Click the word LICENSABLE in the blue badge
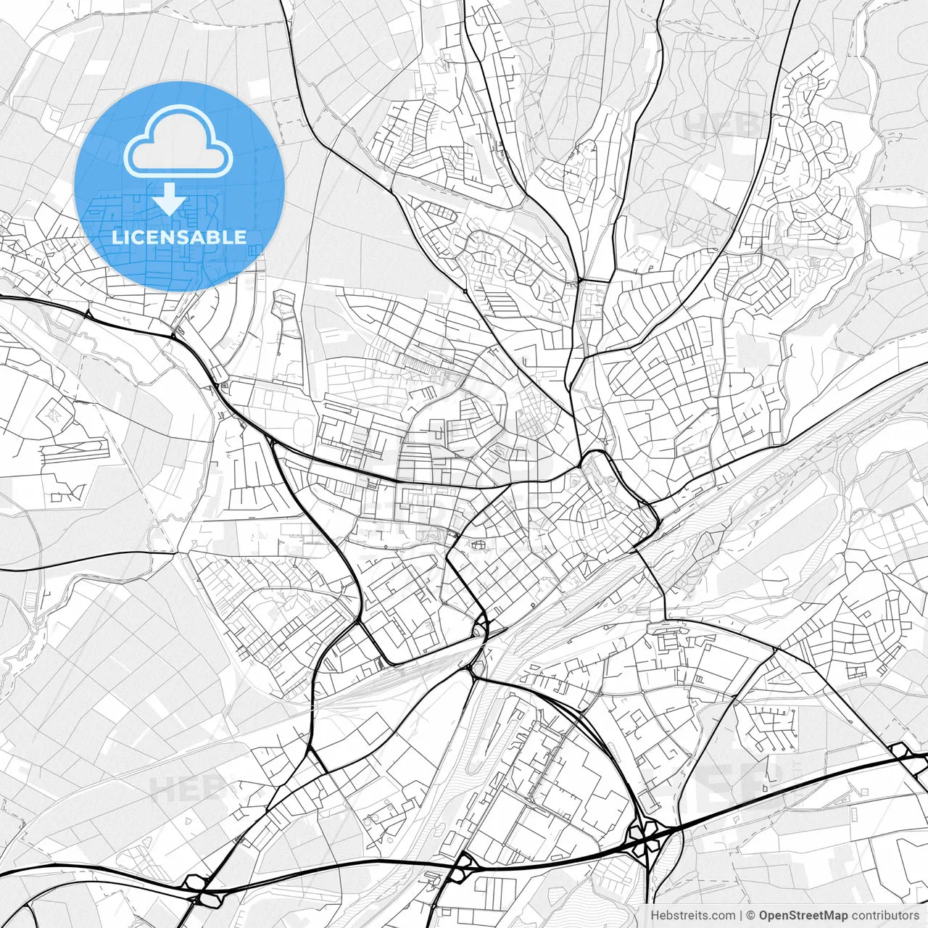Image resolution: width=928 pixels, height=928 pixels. (x=178, y=237)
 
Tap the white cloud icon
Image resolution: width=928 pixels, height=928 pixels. (x=178, y=141)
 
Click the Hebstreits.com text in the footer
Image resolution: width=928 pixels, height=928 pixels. (x=691, y=916)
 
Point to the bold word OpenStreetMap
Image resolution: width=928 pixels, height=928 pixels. (x=803, y=916)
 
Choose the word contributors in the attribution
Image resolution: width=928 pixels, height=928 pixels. (x=884, y=916)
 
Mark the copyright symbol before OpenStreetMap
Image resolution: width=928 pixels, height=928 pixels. (x=751, y=916)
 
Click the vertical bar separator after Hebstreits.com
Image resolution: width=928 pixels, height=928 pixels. (x=740, y=916)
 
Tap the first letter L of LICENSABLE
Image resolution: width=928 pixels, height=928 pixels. (x=116, y=237)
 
